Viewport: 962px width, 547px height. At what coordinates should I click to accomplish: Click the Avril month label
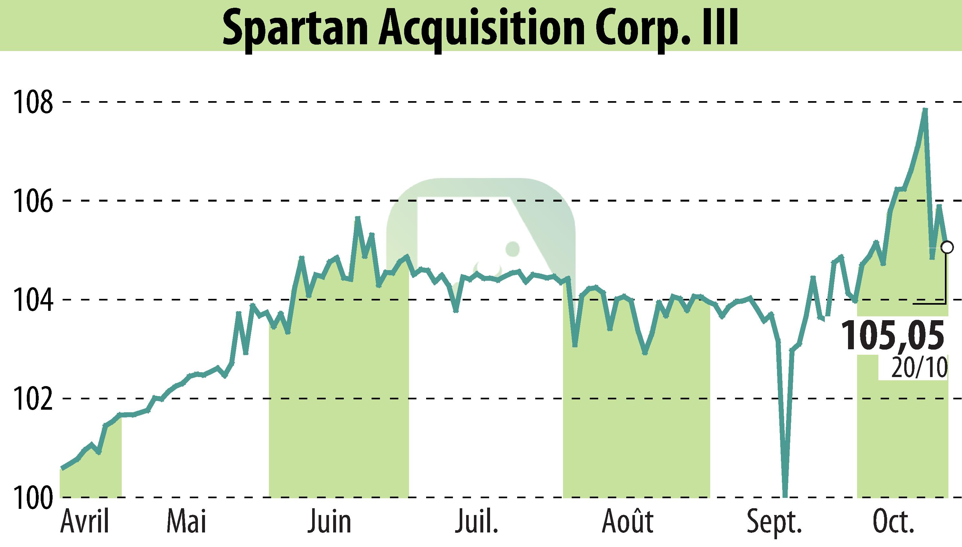click(x=85, y=522)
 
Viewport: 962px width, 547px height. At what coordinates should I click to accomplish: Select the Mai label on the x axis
click(x=187, y=522)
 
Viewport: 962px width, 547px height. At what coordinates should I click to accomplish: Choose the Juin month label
click(x=329, y=522)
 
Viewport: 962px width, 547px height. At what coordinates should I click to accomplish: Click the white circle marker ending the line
click(x=947, y=247)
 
